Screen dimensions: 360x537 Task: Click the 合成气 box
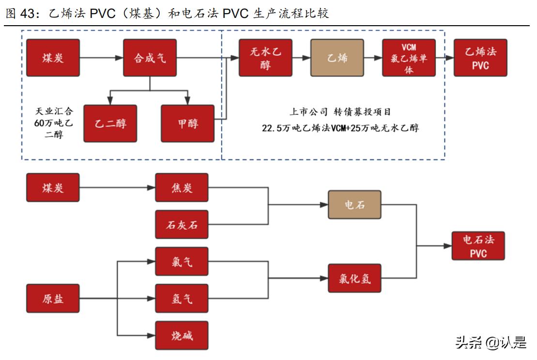(150, 58)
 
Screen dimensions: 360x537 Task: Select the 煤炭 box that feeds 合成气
(53, 58)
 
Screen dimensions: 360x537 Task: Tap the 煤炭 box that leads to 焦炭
(53, 188)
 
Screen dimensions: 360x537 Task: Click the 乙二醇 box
(110, 124)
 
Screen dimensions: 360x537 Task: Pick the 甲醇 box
(187, 124)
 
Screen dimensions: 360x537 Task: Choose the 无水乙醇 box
(265, 58)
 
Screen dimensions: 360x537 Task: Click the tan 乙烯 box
(337, 58)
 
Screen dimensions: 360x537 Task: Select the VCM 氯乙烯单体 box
(409, 58)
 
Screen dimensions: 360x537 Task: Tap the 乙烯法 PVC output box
(480, 58)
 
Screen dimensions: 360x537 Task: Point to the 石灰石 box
(182, 224)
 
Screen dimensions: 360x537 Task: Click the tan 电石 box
(354, 204)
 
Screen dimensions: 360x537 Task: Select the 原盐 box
(53, 298)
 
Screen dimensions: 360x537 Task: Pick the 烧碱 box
(182, 335)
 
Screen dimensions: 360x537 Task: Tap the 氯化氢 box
(354, 278)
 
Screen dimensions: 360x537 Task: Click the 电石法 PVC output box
(478, 246)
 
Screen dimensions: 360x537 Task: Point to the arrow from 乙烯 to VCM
(373, 58)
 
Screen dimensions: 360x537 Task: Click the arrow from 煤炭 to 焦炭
(116, 188)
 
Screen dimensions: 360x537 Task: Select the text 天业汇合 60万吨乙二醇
(53, 123)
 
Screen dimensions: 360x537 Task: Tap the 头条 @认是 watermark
(491, 343)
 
